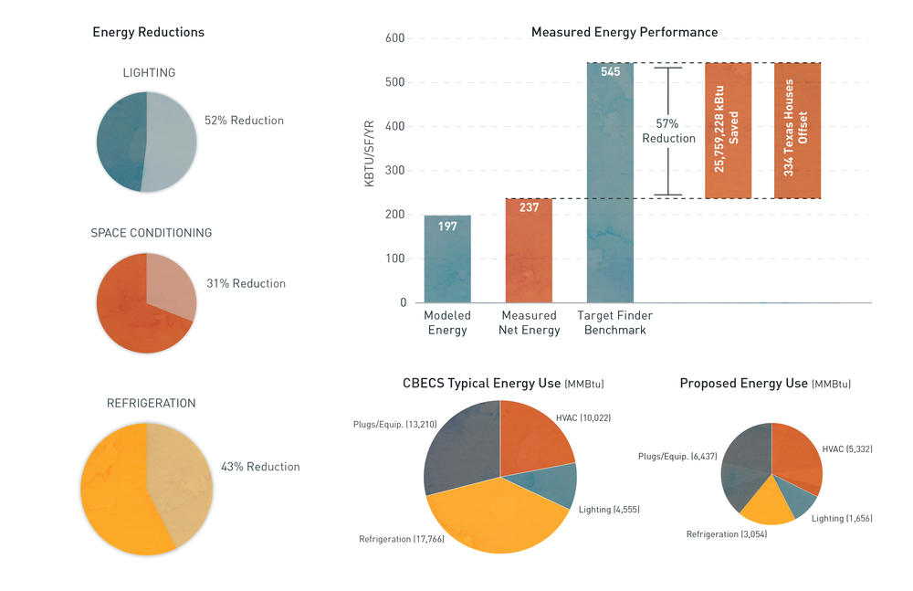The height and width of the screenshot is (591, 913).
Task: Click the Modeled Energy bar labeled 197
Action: (447, 259)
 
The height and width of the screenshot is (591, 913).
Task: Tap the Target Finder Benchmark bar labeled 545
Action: (610, 183)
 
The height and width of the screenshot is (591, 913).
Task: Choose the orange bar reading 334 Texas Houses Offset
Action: (797, 130)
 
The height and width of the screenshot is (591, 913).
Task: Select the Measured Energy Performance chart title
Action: (624, 32)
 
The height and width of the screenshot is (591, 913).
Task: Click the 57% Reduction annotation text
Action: (668, 131)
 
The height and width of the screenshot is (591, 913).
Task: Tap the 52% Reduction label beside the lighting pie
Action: (244, 121)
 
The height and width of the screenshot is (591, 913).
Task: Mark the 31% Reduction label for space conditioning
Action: (246, 283)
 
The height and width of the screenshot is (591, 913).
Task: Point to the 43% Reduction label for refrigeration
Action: (260, 467)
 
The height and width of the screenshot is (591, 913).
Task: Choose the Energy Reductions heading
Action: (149, 32)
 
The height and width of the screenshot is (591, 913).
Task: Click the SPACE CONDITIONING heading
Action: (151, 233)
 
